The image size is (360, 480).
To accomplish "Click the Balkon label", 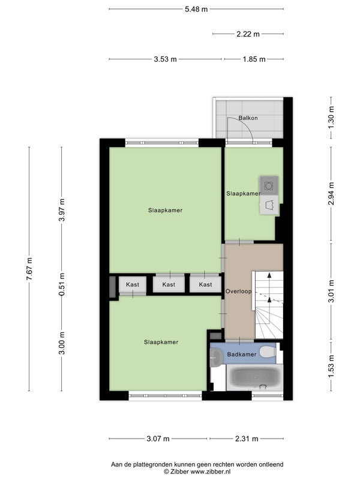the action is tap(248, 118).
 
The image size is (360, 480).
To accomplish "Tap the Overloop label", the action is tap(238, 291).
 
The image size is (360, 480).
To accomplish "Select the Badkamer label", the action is tap(242, 354).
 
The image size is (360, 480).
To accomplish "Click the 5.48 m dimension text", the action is tap(196, 9).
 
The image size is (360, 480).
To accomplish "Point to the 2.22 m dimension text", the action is tap(248, 34).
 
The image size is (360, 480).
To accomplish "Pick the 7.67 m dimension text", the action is tap(29, 269).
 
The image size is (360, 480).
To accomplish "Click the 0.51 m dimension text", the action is tap(62, 284).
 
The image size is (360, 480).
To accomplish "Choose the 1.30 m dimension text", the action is tap(331, 118).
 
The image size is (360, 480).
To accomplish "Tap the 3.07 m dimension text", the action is tap(158, 439).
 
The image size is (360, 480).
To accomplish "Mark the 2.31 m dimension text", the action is tap(247, 439).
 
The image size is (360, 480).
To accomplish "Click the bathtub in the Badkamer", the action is tap(254, 377).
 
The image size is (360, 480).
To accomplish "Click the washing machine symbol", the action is tap(269, 185).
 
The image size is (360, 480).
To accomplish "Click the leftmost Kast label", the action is tap(133, 284).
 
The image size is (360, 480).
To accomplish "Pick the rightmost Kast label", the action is tap(205, 284).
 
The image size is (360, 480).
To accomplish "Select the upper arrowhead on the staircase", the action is tap(269, 275).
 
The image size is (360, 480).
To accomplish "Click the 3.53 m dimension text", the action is tap(166, 59).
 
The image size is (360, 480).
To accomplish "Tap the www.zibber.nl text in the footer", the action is tap(211, 472).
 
